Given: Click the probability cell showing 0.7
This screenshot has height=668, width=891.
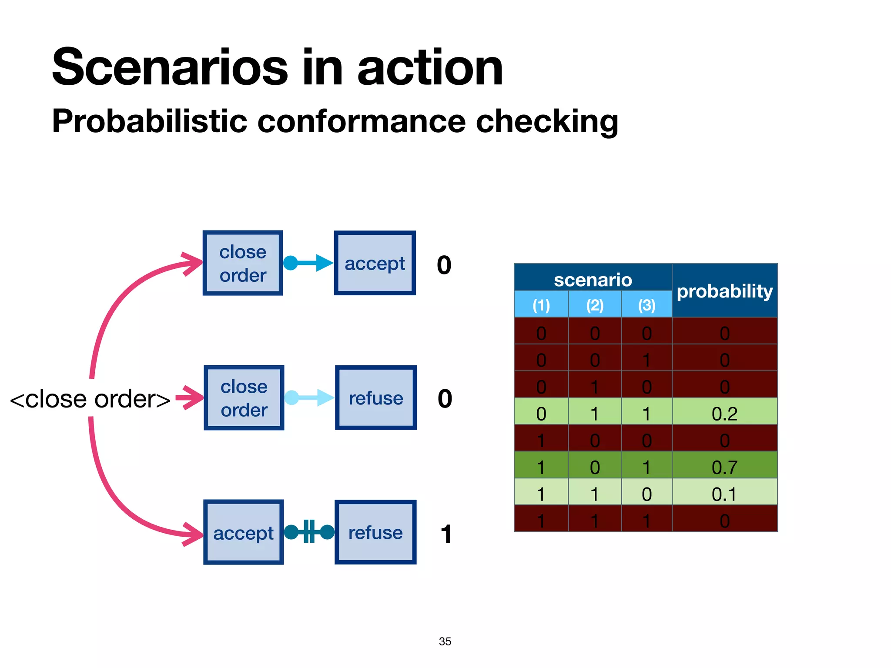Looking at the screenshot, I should (724, 467).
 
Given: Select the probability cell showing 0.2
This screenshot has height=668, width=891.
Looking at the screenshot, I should (724, 413).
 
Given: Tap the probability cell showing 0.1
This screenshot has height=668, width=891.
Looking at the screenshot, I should (724, 494).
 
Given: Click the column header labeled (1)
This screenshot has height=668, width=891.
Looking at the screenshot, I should (541, 305).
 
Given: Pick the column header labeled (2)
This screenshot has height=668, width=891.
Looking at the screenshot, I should (594, 305).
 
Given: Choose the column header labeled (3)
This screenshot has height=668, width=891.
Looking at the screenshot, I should (646, 305).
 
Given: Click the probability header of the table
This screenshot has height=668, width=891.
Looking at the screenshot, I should (724, 291).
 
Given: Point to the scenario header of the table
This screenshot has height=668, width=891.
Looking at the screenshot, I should (593, 279).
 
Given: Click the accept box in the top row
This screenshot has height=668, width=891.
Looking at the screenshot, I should (375, 263).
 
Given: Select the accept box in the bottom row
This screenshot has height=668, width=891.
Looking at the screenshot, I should (243, 532).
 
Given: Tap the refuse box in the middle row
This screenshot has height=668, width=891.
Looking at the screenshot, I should (376, 397).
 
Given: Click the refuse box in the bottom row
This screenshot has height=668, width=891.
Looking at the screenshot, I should (375, 532).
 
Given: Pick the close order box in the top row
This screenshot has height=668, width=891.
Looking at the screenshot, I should (243, 263).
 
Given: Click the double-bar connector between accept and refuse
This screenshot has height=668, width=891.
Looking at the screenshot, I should (309, 531).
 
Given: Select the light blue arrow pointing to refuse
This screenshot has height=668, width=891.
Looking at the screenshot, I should (309, 397).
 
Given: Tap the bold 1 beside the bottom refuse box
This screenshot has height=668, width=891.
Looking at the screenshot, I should (446, 534).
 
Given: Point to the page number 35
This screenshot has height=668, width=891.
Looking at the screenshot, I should (445, 641).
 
